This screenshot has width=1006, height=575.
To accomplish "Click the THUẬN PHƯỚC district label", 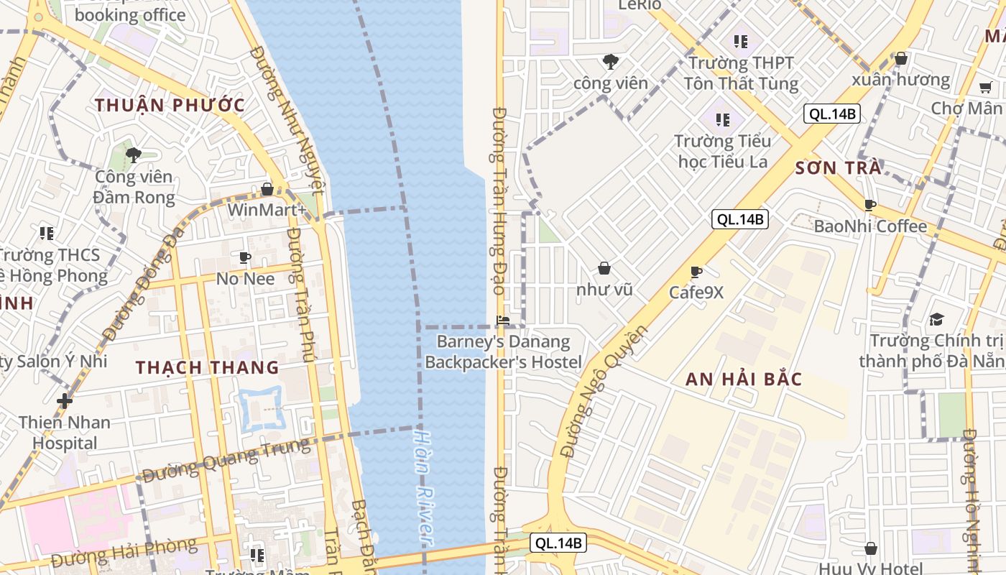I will [x=170, y=105].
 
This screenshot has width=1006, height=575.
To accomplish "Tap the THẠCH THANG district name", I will [x=208, y=367].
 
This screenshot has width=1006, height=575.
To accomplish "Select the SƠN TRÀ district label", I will [x=838, y=168].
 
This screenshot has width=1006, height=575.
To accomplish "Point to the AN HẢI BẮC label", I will [x=744, y=379].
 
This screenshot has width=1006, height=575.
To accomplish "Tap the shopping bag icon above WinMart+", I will [x=267, y=189].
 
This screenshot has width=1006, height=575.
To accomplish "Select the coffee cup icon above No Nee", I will [x=245, y=257].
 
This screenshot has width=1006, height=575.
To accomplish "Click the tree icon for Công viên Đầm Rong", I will [x=133, y=155].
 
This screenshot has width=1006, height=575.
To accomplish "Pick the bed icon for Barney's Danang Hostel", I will [x=503, y=320].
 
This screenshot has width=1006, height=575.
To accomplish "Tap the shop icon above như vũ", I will [x=604, y=268].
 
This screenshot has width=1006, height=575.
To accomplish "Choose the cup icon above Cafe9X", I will [x=696, y=272].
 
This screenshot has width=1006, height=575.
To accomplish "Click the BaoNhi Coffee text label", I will [x=870, y=226].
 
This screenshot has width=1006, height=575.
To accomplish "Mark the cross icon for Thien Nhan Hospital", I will [x=65, y=400].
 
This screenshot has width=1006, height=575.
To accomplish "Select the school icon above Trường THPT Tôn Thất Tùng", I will [x=741, y=42].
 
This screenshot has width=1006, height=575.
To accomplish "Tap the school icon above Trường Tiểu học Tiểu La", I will [x=722, y=119].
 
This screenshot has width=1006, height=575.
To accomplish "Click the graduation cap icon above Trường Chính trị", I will [x=936, y=319].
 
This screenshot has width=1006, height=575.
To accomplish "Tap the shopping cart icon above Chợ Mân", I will [x=985, y=88].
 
